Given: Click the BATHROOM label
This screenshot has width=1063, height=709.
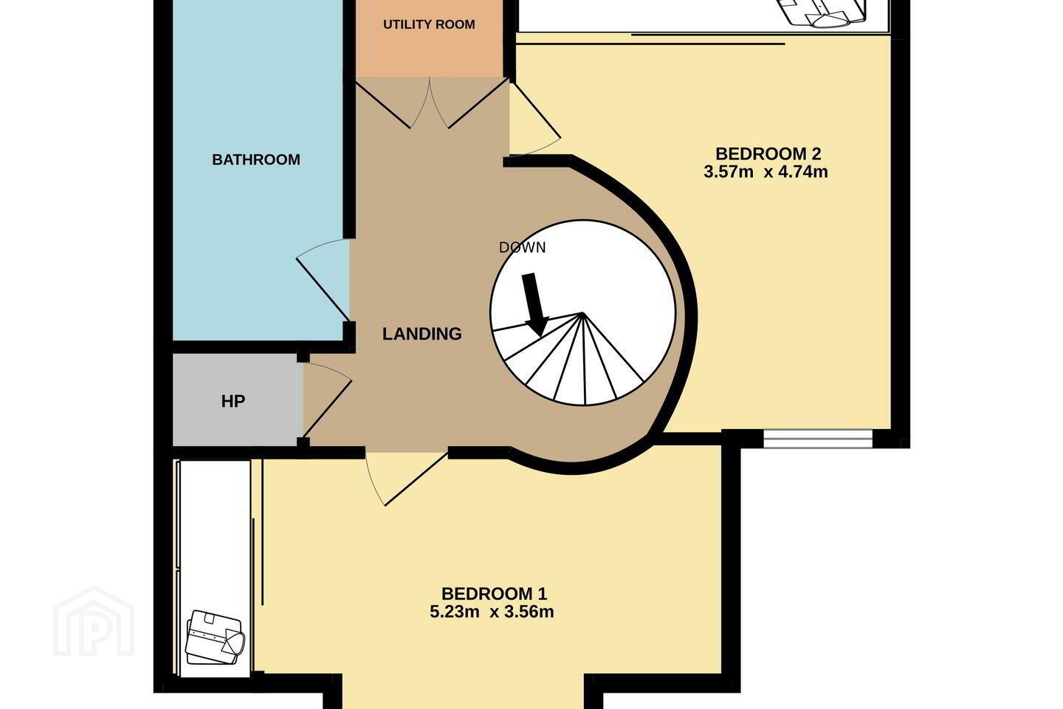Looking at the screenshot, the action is (255, 160).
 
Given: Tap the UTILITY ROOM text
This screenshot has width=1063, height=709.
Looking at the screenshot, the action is (429, 24).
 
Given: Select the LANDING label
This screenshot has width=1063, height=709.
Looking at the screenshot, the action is (422, 334).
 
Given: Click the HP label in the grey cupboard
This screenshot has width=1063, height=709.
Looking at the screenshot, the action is (233, 401).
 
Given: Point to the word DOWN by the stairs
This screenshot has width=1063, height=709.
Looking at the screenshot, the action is (522, 247).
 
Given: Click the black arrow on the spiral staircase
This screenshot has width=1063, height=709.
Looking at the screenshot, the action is (536, 305).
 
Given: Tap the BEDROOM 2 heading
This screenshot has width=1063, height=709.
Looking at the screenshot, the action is (768, 154).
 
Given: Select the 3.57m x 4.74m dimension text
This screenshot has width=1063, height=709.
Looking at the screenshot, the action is (766, 171).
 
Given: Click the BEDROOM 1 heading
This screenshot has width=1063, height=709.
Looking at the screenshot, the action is (494, 594).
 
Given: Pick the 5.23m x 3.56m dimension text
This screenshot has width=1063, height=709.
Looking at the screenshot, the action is (492, 612).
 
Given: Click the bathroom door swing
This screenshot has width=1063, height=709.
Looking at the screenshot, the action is (323, 279).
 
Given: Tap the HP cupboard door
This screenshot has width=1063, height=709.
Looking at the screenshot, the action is (328, 400).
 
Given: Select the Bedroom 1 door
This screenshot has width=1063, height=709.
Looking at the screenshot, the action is (406, 479).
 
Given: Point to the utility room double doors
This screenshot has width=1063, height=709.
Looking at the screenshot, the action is (430, 103).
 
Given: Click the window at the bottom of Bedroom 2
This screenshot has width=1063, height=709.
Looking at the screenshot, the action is (818, 438).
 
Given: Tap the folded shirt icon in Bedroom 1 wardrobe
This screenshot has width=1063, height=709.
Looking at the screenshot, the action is (215, 638).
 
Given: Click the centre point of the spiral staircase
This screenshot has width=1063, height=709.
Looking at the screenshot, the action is (582, 313).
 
